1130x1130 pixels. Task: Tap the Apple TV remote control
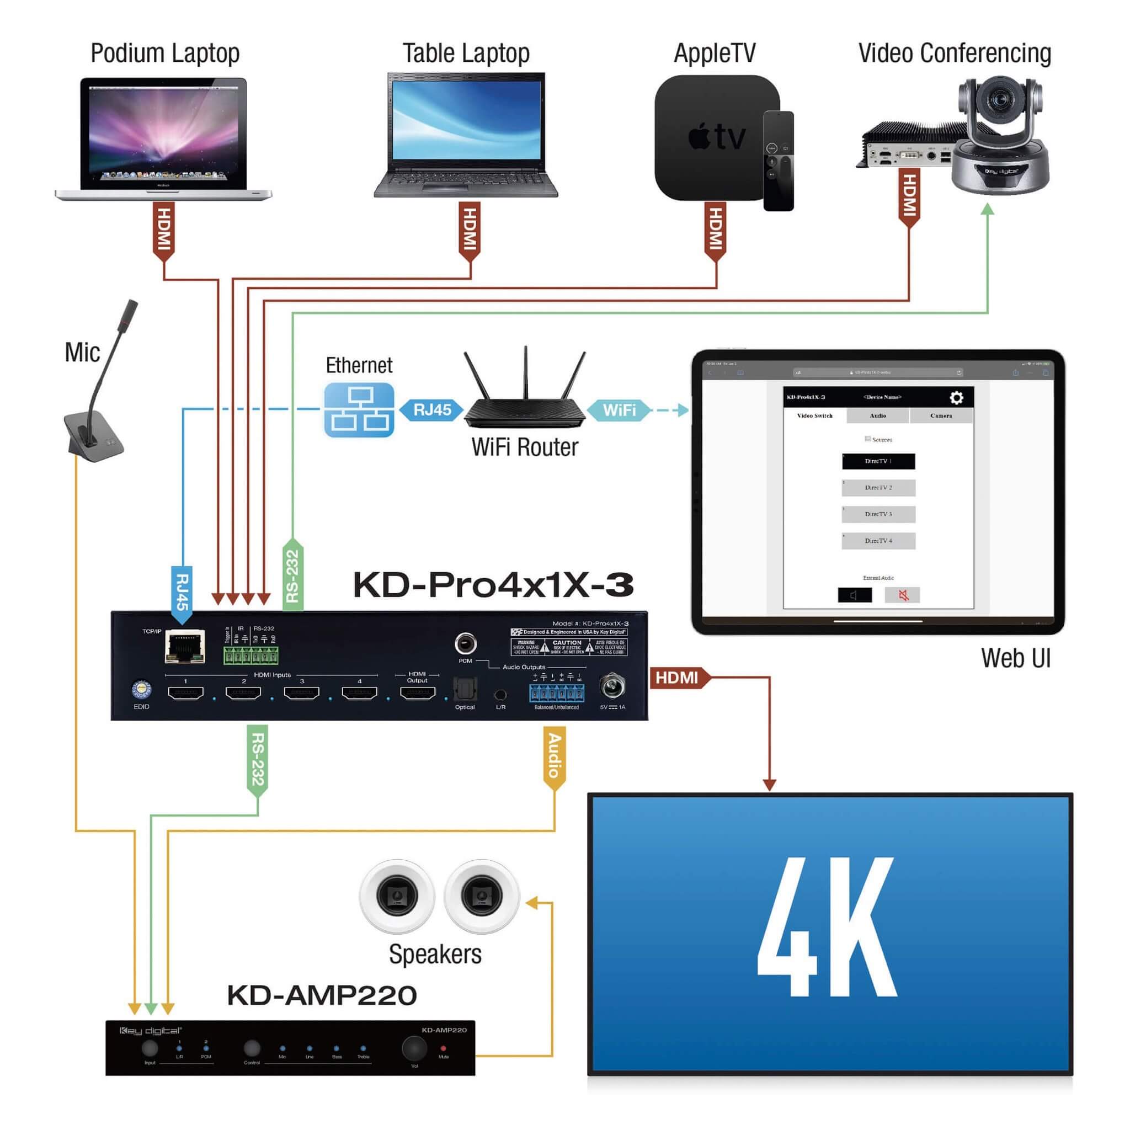point(778,161)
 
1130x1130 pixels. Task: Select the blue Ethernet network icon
point(359,410)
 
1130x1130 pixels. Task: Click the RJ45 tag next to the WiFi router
point(431,410)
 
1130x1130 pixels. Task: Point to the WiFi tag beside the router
point(619,410)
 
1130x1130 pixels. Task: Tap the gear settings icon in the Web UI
point(956,398)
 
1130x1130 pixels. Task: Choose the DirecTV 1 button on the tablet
point(878,461)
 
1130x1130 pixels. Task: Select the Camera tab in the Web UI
point(941,416)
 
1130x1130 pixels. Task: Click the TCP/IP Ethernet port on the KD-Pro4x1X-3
point(185,647)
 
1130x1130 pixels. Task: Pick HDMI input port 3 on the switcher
point(301,693)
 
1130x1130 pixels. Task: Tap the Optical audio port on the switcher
point(466,690)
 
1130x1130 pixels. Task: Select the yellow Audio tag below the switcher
point(554,757)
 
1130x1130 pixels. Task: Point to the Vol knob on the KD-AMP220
point(414,1048)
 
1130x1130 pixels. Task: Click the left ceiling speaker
point(397,896)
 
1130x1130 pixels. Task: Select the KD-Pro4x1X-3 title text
point(493,584)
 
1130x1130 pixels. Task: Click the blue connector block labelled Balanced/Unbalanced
point(556,694)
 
